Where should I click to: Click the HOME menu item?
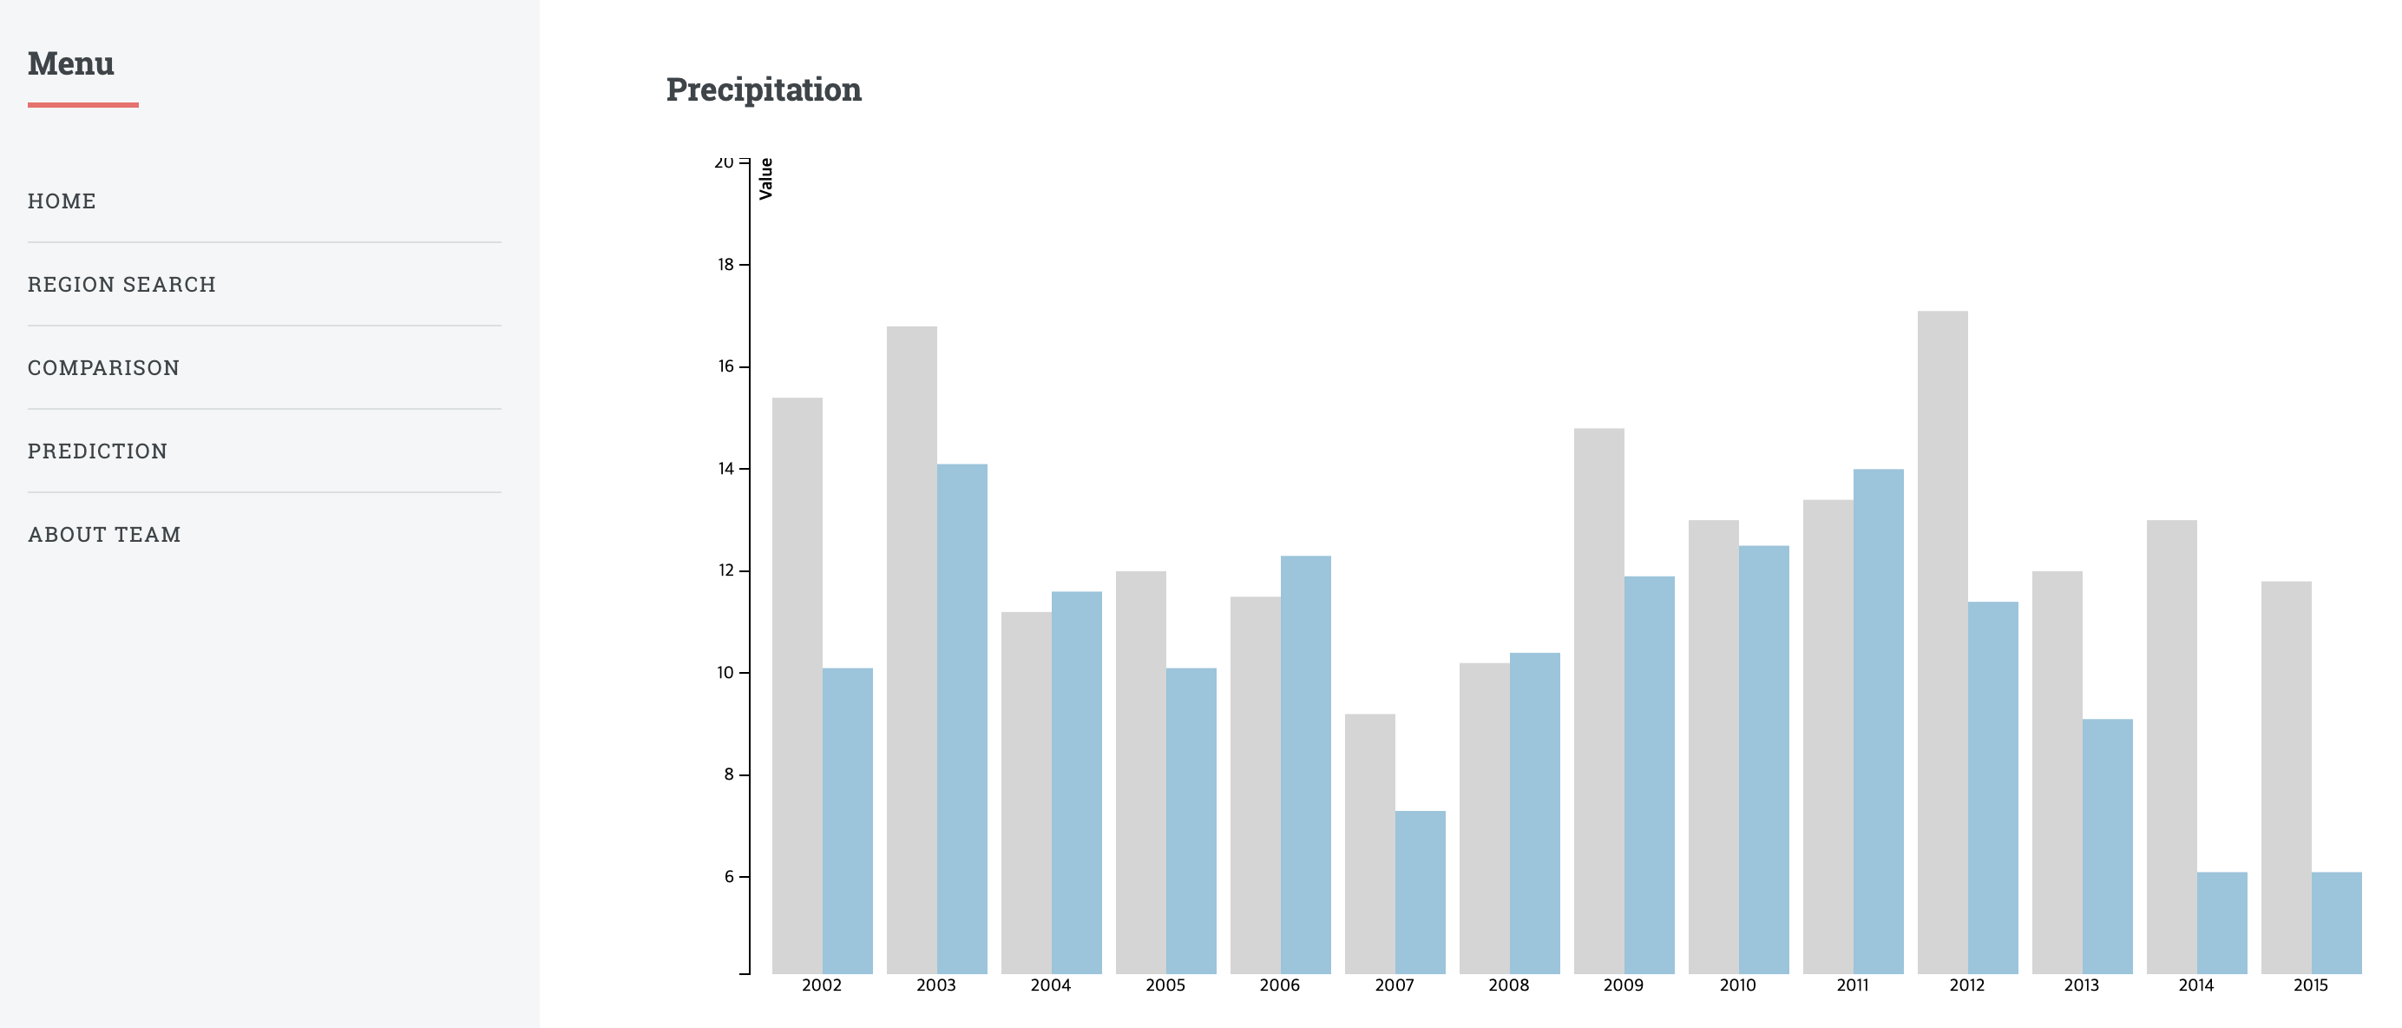coord(62,201)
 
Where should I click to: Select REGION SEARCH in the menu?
coord(121,285)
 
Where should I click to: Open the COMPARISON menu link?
coord(103,367)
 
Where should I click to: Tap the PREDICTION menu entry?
coord(97,451)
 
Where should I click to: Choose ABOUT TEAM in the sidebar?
coord(104,535)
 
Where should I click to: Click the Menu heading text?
coord(71,63)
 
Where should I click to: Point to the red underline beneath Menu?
coord(83,105)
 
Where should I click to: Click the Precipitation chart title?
coord(763,89)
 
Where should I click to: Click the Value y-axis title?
coord(766,178)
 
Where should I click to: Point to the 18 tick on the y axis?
coord(725,265)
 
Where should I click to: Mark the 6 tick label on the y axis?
coord(728,877)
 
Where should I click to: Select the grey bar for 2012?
coord(1942,643)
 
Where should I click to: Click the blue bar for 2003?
coord(961,718)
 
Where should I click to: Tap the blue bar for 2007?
coord(1421,892)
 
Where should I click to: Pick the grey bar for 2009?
coord(1598,700)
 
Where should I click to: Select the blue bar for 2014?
coord(2222,924)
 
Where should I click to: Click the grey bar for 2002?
coord(797,686)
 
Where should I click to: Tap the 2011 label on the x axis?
coord(1852,985)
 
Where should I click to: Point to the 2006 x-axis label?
coord(1279,985)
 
